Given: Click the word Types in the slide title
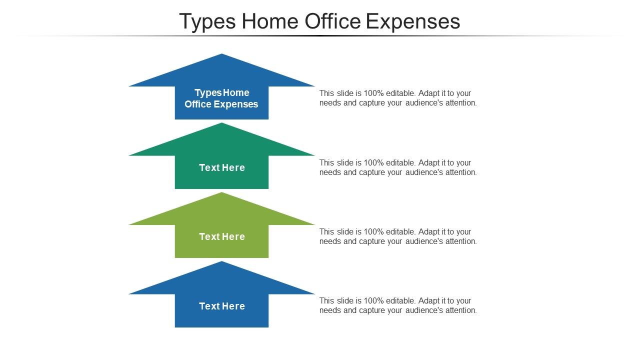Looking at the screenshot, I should point(207,22).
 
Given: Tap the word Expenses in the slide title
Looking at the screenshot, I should point(413,21).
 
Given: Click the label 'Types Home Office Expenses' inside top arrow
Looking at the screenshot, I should point(221,98).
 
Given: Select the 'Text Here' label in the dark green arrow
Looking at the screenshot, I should point(222,168).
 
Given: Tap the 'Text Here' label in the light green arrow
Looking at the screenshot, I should point(222,237).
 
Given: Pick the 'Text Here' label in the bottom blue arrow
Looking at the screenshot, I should point(222,306).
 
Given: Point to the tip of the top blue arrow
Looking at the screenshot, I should point(221,55).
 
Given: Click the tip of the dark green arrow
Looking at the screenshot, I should point(221,124).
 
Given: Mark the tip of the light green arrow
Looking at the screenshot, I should point(221,193).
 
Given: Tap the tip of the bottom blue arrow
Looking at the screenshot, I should point(221,262).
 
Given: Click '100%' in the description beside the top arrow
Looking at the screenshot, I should point(372,93).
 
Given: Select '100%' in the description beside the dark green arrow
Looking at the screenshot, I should point(372,163).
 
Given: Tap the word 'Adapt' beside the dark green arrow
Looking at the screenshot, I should point(428,163).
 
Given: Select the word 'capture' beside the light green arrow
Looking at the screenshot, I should point(372,241).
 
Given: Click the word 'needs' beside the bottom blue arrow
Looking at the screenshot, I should point(330,310).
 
